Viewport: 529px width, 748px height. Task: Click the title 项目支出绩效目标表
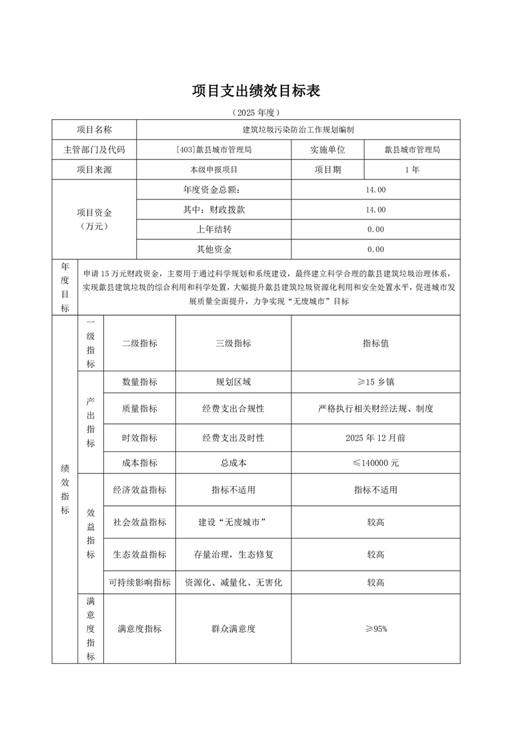tap(256, 91)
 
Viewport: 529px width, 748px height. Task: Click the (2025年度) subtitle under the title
tap(256, 112)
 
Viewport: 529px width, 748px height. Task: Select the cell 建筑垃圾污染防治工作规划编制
tap(298, 130)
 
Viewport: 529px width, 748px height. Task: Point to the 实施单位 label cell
tap(328, 150)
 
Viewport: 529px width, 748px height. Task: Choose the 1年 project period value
tap(412, 170)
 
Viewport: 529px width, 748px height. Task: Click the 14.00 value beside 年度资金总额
tap(375, 190)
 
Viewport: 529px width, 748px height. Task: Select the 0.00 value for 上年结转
tap(375, 230)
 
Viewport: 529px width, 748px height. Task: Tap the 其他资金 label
tap(213, 250)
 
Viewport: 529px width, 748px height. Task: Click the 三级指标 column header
tap(233, 343)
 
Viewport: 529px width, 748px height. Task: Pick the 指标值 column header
tap(375, 343)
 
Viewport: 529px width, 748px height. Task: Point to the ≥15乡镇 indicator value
tap(375, 383)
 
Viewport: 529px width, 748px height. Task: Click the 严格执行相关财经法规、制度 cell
tap(375, 409)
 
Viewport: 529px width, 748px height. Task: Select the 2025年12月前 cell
tap(375, 438)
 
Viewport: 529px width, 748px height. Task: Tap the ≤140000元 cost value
tap(375, 462)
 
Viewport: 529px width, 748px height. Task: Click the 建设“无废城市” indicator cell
tap(233, 522)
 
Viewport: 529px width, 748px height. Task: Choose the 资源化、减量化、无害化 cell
tap(233, 582)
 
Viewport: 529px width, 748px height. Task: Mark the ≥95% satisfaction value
tap(375, 629)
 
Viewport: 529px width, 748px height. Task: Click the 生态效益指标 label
tap(139, 555)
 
